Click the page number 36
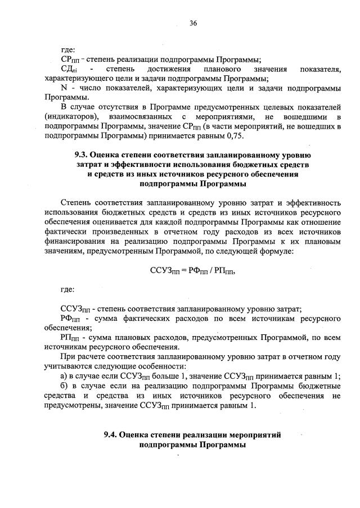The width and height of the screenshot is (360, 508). pos(193,23)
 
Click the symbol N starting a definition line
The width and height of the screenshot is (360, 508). pos(63,89)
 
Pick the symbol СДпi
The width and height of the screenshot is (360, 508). pos(69,69)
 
